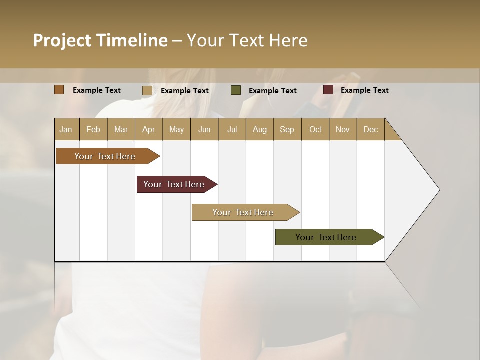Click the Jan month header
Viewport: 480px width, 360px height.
click(66, 129)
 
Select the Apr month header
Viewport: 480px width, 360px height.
click(148, 129)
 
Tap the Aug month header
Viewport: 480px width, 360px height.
click(259, 129)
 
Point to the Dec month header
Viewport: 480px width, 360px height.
click(370, 129)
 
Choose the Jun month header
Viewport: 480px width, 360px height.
click(204, 129)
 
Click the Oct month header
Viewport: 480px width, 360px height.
click(315, 129)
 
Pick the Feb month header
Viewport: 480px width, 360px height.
click(93, 129)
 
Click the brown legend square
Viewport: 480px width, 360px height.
click(59, 90)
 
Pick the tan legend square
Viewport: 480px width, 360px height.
click(147, 90)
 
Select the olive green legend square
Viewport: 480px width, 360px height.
click(236, 90)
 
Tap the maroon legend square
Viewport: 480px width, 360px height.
click(328, 90)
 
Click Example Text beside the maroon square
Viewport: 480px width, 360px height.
click(364, 90)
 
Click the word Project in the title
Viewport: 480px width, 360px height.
click(62, 40)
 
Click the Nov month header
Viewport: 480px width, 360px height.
click(342, 129)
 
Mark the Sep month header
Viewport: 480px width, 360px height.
click(287, 129)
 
